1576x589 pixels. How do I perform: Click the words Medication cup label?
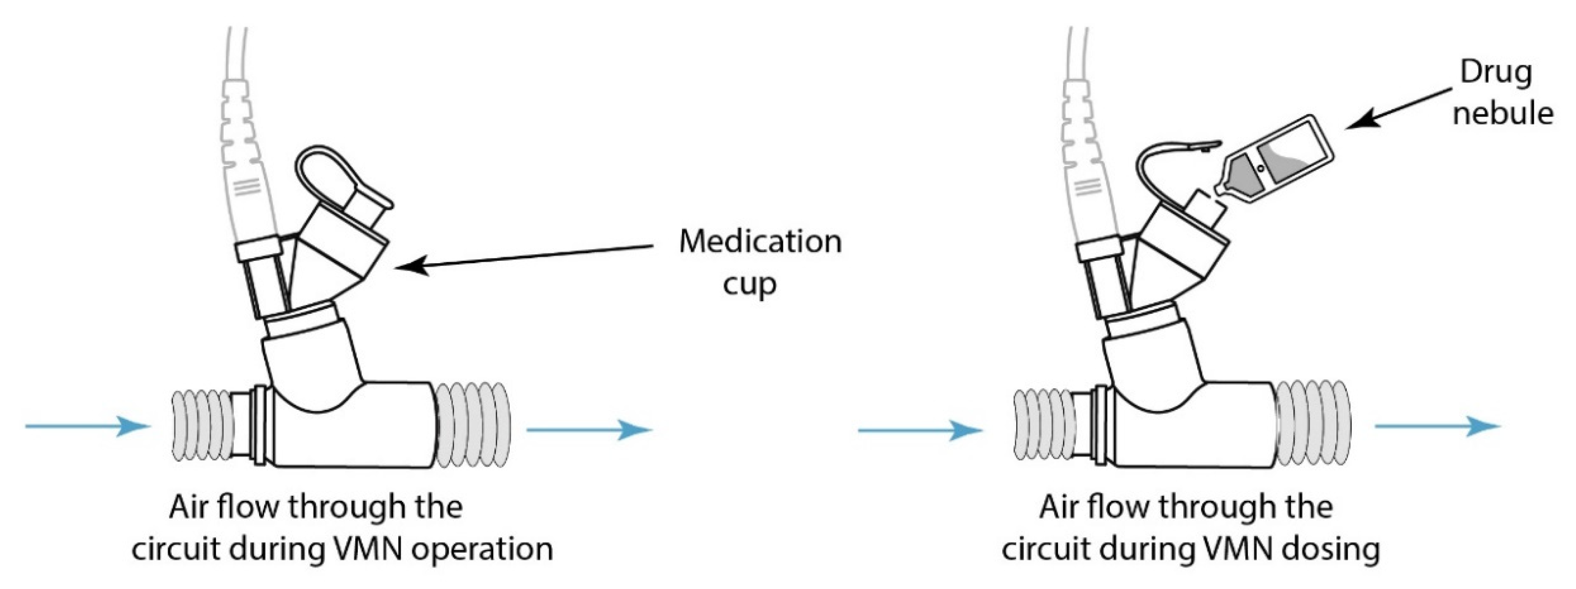(x=760, y=262)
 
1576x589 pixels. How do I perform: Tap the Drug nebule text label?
(x=1502, y=93)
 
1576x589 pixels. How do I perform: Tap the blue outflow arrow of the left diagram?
(x=589, y=429)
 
